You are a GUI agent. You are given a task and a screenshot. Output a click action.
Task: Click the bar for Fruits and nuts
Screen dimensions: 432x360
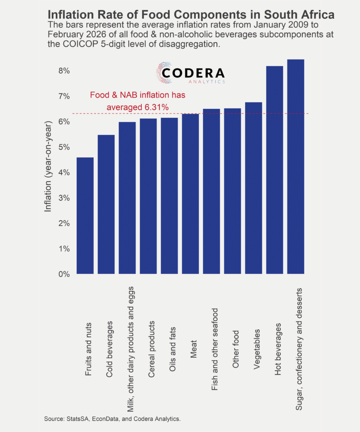(x=85, y=216)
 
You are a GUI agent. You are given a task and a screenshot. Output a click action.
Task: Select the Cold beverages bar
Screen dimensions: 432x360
(x=106, y=205)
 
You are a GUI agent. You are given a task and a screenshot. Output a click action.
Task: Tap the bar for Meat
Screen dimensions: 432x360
(x=190, y=194)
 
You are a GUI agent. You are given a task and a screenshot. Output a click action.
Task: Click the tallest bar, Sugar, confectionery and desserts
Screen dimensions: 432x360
(x=295, y=167)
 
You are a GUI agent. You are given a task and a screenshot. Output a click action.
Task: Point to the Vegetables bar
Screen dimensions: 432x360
(x=254, y=188)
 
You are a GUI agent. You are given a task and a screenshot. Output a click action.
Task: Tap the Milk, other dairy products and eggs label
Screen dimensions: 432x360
(x=130, y=349)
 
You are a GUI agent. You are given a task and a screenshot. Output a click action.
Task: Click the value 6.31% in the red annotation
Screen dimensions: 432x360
(x=157, y=108)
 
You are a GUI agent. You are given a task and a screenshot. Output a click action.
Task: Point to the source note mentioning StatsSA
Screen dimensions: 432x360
(x=112, y=419)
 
